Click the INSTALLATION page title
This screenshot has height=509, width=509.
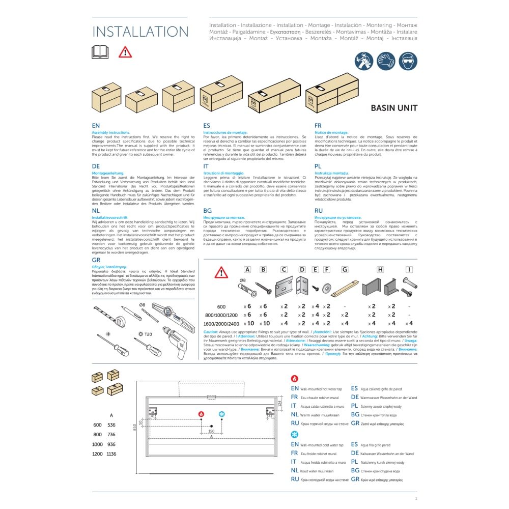[140, 32]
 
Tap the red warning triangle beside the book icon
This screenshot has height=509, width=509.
[125, 52]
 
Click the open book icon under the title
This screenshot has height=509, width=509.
[100, 51]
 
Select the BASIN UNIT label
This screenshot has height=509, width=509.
[393, 108]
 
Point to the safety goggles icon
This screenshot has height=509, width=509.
[409, 62]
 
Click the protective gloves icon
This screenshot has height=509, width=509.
[386, 62]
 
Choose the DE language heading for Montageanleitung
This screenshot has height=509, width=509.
[96, 166]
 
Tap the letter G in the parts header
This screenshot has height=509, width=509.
[345, 270]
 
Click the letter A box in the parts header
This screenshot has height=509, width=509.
[247, 270]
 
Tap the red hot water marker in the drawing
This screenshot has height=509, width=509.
[201, 414]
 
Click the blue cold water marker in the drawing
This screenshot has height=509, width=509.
[221, 414]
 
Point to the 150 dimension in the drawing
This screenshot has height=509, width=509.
[211, 432]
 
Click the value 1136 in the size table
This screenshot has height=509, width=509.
[111, 454]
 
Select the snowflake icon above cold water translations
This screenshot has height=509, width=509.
[294, 434]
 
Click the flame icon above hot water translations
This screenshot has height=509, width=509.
[294, 379]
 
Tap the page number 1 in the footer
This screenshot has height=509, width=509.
[416, 499]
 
